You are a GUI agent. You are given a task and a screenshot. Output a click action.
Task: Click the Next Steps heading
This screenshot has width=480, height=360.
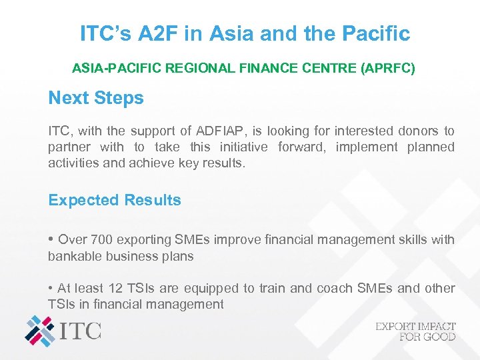96,98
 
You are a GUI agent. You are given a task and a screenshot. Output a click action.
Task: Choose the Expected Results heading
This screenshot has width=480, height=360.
115,200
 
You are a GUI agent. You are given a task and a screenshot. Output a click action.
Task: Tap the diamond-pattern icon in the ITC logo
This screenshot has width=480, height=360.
41,331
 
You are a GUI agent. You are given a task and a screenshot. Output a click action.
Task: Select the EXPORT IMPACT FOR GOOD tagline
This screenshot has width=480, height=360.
415,331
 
